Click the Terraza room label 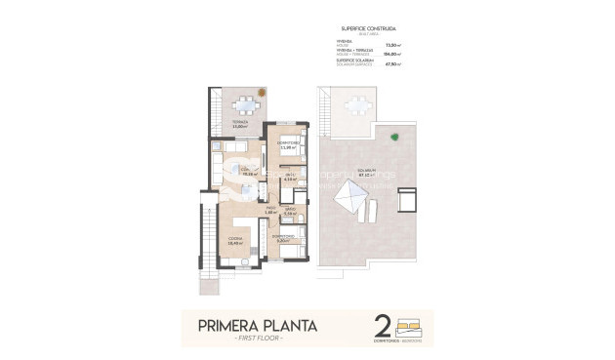pos(239,125)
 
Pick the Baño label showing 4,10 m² pos(289,178)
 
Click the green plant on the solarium pos(394,136)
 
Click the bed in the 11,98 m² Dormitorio pos(289,137)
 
